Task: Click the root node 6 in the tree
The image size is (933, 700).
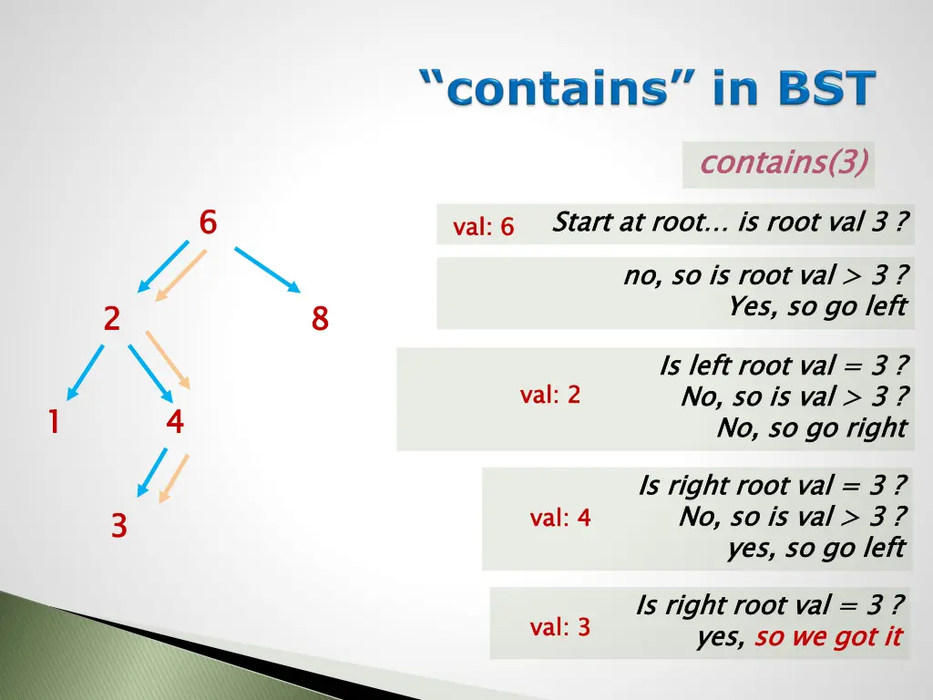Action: coord(208,221)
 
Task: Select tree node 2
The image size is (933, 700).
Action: coord(111,319)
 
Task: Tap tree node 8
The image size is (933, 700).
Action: coord(320,319)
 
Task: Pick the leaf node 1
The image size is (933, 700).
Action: coord(54,422)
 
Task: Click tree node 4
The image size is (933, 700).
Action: coord(175,422)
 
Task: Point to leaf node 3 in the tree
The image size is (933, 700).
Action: coord(118,526)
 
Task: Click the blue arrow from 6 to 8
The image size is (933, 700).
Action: coord(267,269)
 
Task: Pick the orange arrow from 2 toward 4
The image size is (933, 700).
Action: coord(169,361)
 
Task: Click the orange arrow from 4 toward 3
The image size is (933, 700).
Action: coord(174,478)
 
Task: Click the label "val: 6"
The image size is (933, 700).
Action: coord(484,227)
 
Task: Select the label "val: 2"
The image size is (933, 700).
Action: coord(550,395)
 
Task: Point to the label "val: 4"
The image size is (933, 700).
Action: coord(560,518)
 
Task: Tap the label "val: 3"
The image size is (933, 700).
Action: coord(560,627)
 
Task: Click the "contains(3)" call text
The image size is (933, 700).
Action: coord(784,163)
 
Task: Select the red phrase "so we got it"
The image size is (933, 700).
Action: coord(828,636)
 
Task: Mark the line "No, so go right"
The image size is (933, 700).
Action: coord(812,427)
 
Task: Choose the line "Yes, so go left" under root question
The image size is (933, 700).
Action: coord(817,306)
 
